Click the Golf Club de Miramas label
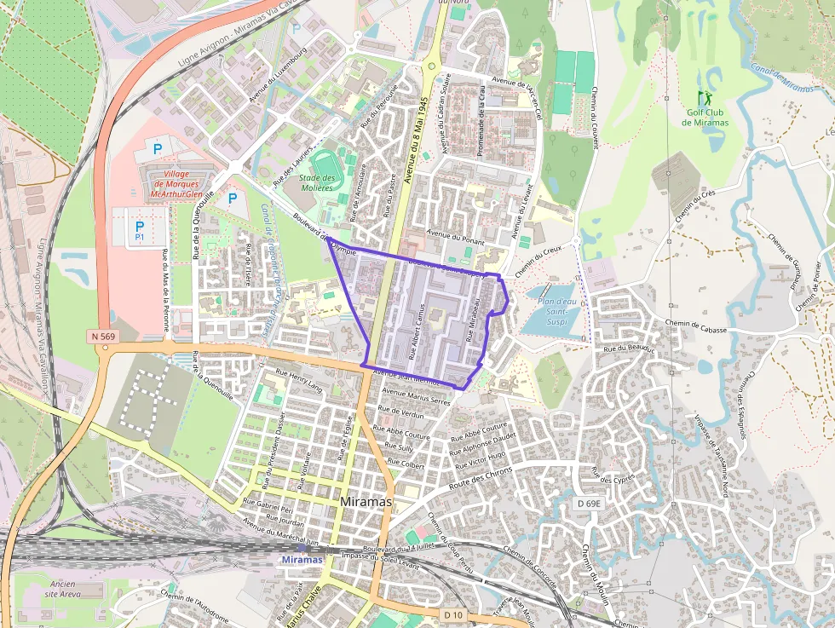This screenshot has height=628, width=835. [705, 117]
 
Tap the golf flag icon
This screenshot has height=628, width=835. [704, 98]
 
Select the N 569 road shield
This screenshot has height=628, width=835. [102, 337]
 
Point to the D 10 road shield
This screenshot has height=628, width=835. [452, 614]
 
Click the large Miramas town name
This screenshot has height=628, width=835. [366, 502]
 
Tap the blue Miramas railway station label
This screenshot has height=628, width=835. [302, 559]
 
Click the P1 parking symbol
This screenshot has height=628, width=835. [140, 229]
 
